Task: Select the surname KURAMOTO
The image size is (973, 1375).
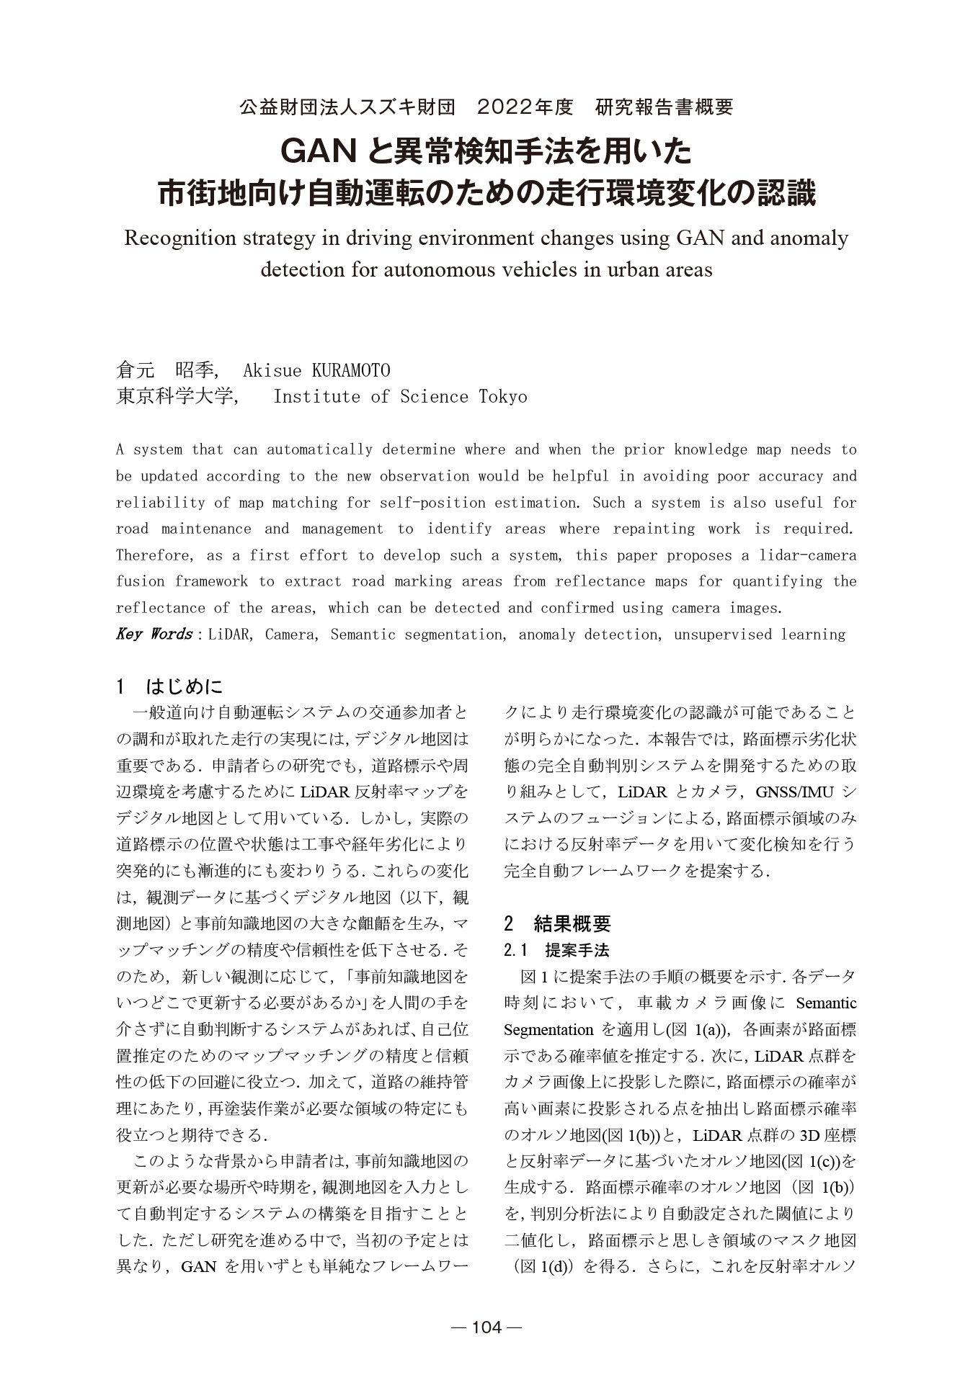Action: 350,370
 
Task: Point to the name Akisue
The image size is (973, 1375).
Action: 272,370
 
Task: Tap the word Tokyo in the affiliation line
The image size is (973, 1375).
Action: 503,397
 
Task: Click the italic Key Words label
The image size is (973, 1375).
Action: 154,635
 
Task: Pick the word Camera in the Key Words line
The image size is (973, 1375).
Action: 290,635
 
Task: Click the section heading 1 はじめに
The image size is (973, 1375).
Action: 170,686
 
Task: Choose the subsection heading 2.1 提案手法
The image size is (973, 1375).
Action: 557,950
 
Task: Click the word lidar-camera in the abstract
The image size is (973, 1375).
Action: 812,555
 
